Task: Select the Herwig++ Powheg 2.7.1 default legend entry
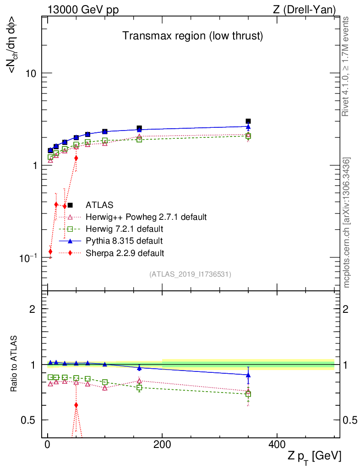tap(146, 217)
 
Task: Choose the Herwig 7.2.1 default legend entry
tap(124, 229)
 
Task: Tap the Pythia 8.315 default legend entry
tap(124, 240)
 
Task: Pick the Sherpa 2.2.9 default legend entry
tap(125, 252)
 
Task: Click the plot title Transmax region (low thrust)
tap(192, 36)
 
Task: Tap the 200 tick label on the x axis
tap(162, 445)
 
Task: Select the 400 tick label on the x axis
tap(277, 445)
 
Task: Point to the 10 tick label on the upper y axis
tap(31, 73)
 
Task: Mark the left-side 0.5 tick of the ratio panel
tap(31, 420)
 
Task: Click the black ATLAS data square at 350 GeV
tap(248, 121)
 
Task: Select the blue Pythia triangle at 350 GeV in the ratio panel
tap(248, 375)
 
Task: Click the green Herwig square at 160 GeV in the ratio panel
tap(139, 387)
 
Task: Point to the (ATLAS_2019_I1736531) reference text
tap(190, 274)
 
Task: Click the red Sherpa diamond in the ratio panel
tap(76, 405)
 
